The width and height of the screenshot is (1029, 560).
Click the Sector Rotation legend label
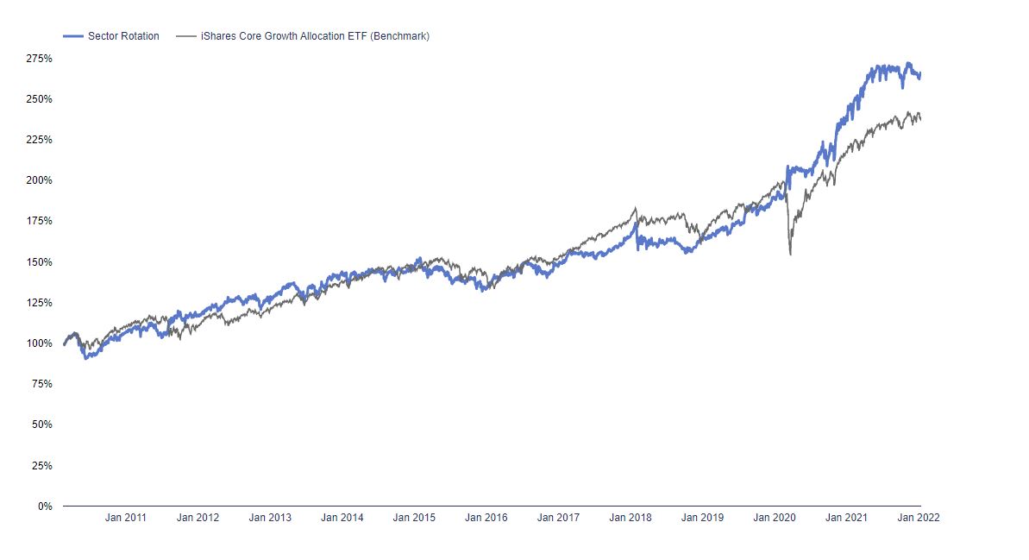tap(123, 36)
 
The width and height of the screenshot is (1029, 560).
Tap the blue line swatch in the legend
tap(73, 36)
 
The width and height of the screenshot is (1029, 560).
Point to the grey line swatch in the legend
tap(185, 36)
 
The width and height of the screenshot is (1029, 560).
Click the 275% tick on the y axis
tap(39, 59)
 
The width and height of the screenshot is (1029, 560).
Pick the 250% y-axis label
tap(39, 99)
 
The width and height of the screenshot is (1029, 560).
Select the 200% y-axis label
tap(39, 180)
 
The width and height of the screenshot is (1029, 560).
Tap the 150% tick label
tap(39, 262)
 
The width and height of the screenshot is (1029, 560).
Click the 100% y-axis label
tap(39, 343)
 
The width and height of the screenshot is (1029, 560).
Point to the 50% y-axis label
tap(41, 425)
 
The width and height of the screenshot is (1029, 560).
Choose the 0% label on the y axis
tap(45, 507)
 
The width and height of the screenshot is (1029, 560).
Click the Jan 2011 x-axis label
tap(125, 519)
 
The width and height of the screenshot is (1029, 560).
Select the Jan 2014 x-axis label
tap(342, 519)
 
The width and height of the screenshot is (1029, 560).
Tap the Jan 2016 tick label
tap(486, 519)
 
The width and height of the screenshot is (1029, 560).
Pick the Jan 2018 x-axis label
tap(631, 519)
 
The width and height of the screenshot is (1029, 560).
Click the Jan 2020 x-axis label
tap(775, 519)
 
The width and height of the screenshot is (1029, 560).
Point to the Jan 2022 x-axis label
tap(919, 519)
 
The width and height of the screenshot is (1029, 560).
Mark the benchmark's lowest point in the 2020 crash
tap(790, 254)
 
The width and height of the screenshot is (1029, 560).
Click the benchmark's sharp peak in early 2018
tap(636, 208)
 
